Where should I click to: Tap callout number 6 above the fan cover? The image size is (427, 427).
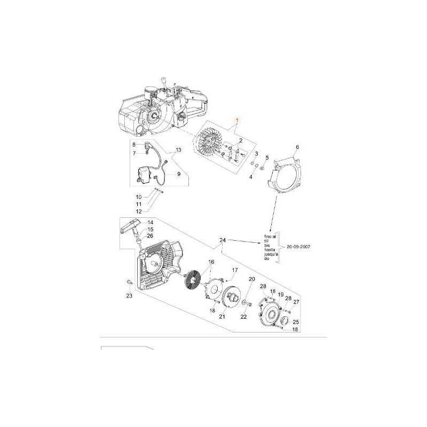tap(297, 147)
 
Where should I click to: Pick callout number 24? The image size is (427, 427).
tap(222, 241)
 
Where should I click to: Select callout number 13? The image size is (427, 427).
tap(178, 150)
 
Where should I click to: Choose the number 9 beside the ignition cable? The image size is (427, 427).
tap(178, 174)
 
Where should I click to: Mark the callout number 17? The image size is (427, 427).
tap(234, 271)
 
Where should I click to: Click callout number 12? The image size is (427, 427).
tap(138, 211)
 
